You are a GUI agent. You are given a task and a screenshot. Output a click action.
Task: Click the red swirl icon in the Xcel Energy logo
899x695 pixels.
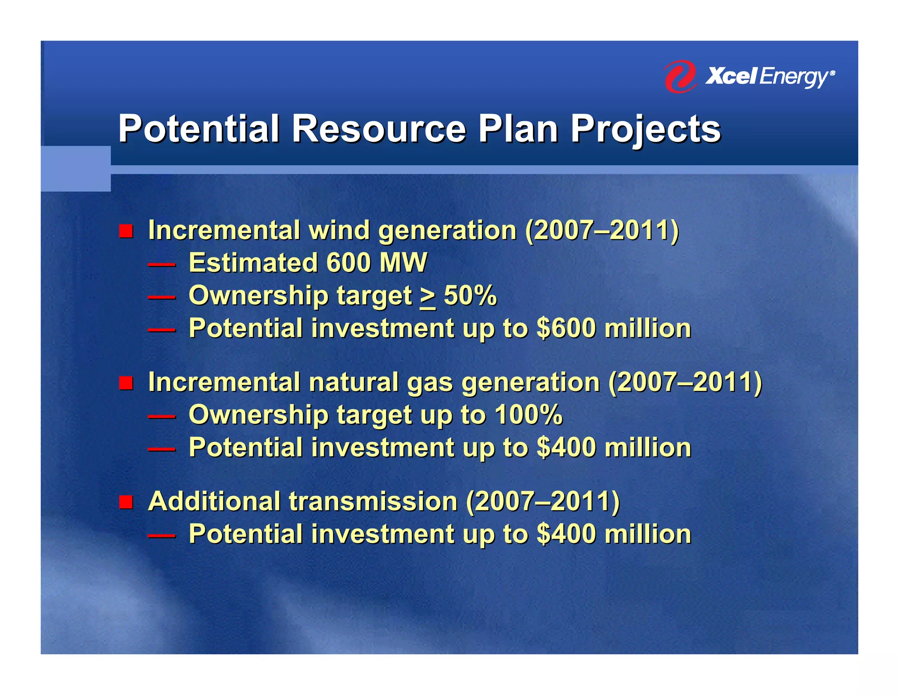pos(680,76)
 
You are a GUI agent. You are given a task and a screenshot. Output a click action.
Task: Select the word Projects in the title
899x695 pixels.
pos(645,129)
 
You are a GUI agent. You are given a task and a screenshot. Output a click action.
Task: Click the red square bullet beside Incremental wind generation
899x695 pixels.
pos(126,231)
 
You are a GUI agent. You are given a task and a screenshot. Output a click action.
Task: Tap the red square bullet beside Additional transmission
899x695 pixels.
pos(126,502)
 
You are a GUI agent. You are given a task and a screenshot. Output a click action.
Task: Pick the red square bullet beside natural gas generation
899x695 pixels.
pos(126,383)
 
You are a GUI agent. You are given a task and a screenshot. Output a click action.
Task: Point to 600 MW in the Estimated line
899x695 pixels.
pos(376,263)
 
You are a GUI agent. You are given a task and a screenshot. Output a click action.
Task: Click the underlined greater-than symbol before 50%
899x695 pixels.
pos(428,297)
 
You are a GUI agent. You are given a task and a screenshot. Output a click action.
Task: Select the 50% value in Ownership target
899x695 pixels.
pos(470,295)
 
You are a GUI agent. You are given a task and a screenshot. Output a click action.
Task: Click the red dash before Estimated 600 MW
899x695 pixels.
pos(162,265)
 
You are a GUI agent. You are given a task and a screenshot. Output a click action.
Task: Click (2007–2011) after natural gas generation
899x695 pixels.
pos(685,382)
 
